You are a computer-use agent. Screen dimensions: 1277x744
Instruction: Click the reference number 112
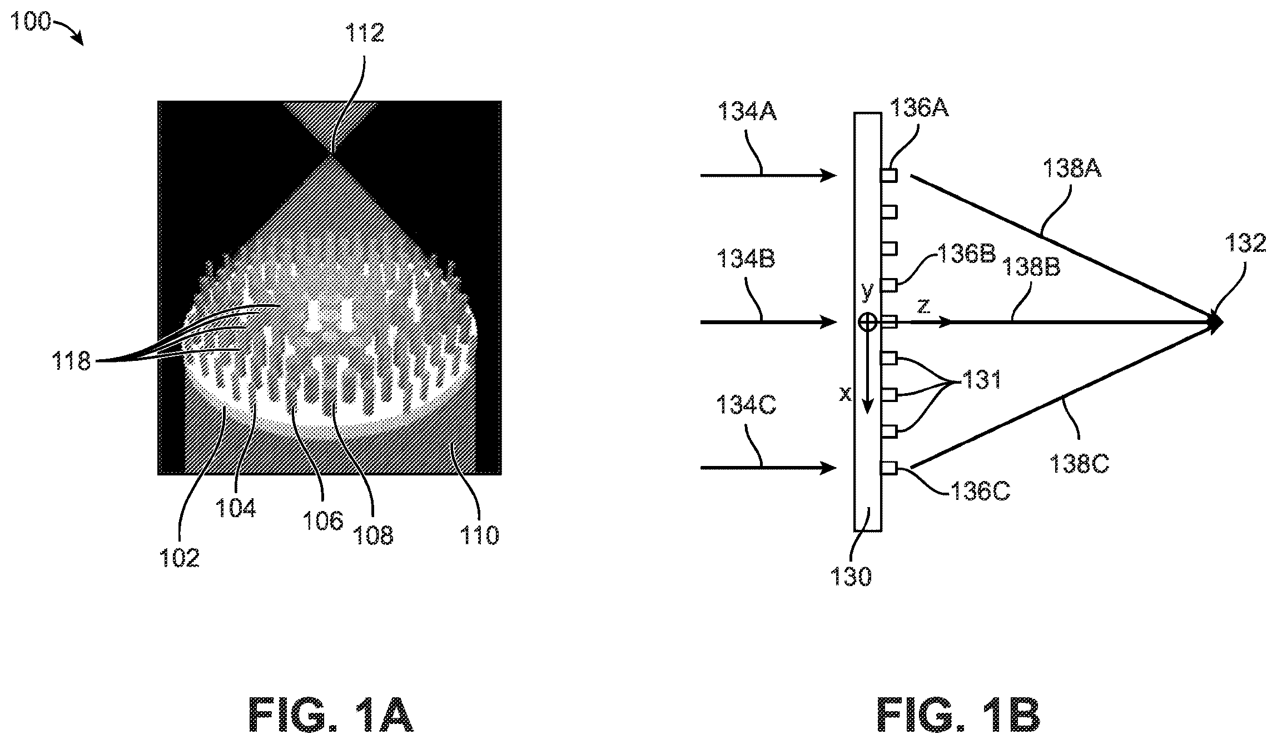365,33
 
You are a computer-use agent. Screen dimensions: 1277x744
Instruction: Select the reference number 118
71,361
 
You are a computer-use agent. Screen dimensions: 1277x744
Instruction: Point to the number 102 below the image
180,557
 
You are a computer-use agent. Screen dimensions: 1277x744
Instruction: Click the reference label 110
479,535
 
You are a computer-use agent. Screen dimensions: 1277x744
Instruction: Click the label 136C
980,491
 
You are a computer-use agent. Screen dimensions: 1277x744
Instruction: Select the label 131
982,380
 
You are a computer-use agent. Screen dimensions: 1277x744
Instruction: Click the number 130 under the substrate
851,577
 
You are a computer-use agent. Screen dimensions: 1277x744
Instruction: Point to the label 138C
1079,463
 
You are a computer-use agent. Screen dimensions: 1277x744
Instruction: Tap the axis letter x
845,394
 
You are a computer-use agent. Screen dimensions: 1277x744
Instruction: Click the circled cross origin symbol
868,322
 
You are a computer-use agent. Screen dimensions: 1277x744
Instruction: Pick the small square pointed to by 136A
889,176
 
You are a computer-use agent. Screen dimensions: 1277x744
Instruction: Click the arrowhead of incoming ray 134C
829,468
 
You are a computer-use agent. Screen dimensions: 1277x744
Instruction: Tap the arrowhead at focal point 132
1215,322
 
